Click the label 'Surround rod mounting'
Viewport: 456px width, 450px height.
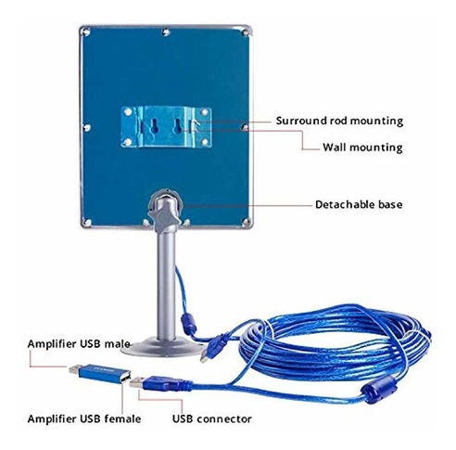[339, 121]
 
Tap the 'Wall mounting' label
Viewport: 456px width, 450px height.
[362, 148]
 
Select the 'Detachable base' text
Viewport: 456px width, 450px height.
[359, 205]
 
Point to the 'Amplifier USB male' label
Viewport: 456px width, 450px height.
[79, 344]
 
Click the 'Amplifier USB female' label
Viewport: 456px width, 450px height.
[84, 418]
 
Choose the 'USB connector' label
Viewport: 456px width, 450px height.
[212, 418]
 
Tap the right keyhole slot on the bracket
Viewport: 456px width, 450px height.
[177, 126]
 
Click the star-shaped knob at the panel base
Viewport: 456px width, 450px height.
[164, 215]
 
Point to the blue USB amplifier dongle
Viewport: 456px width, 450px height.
[99, 373]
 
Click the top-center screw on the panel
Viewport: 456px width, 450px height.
[166, 32]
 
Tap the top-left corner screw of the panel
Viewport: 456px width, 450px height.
[86, 32]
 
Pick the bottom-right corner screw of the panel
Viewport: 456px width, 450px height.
[246, 221]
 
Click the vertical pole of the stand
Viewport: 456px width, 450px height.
[167, 285]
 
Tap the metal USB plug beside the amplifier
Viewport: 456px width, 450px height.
[137, 383]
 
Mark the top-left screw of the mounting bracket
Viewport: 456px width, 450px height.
[128, 111]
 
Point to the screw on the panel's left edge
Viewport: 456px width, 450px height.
[87, 127]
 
